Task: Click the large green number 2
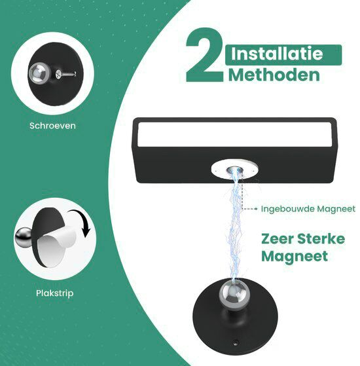204,55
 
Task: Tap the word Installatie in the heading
277,54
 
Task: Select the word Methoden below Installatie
274,75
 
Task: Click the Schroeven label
52,126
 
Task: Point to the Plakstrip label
54,293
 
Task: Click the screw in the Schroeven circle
66,74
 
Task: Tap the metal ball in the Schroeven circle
39,73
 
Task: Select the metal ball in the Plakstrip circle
24,238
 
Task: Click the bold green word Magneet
295,256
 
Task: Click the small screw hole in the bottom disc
236,343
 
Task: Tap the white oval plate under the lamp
234,170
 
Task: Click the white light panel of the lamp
234,135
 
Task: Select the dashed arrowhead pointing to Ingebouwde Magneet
256,209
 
